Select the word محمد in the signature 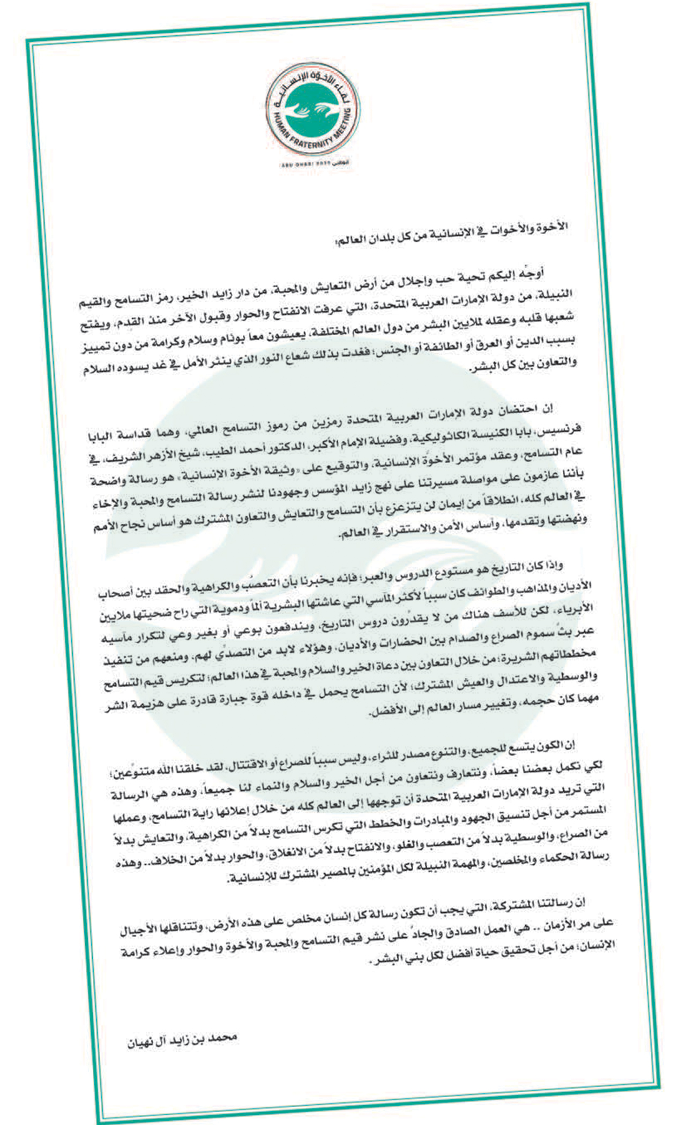point(222,1037)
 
